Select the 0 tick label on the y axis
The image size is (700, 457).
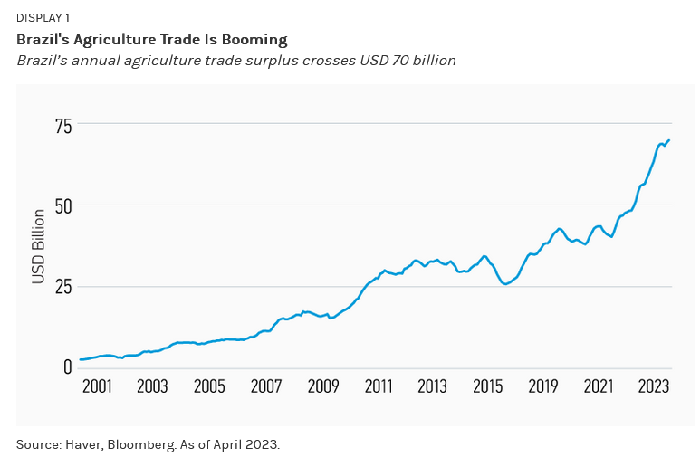[66, 367]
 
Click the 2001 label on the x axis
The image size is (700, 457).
[96, 386]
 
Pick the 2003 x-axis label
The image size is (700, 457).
[152, 386]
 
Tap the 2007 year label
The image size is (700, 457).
[265, 386]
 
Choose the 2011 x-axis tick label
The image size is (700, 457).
[378, 386]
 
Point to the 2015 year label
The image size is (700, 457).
[488, 386]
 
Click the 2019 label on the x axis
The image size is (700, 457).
[543, 386]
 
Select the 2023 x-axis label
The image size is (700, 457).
[654, 386]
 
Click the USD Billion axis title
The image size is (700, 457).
[38, 246]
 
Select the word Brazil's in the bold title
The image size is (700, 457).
[42, 40]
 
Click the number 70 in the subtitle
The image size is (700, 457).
[397, 61]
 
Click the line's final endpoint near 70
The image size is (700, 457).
[669, 140]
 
